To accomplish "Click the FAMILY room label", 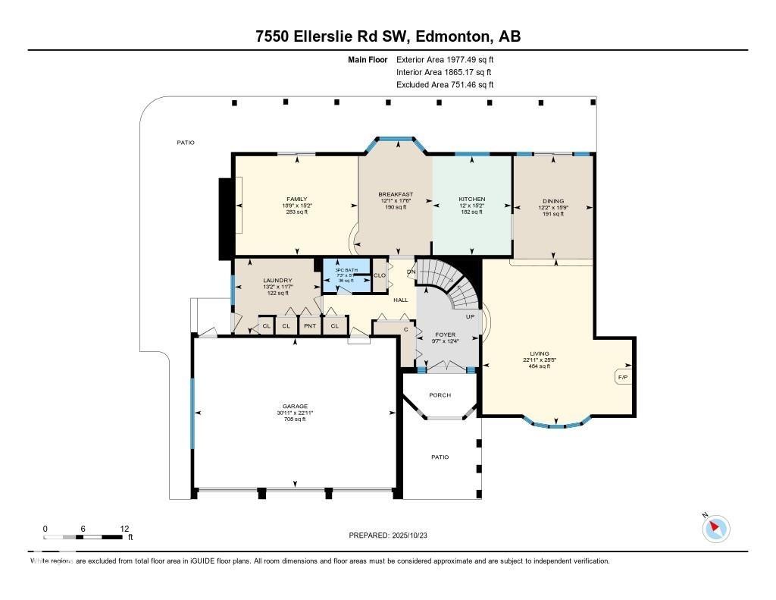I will (x=296, y=199).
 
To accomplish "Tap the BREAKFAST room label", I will (x=396, y=194).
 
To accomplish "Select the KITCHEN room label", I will (x=471, y=199).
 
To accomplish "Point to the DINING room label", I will (x=552, y=202).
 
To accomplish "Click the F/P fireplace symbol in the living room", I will (x=622, y=376).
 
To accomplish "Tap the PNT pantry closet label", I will (x=309, y=326).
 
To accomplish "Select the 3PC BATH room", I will (x=346, y=273).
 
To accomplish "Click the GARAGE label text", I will (x=296, y=407).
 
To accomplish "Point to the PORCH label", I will (x=440, y=395).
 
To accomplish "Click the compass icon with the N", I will (x=716, y=529).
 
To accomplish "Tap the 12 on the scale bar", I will (x=124, y=529).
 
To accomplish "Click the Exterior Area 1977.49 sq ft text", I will (x=445, y=59).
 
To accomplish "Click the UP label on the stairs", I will (x=469, y=316).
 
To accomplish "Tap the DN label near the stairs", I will (x=411, y=272).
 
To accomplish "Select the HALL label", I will (x=400, y=300).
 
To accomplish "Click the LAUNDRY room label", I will (x=277, y=281).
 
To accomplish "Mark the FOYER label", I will (x=445, y=335).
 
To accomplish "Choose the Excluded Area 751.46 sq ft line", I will (x=445, y=85).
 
